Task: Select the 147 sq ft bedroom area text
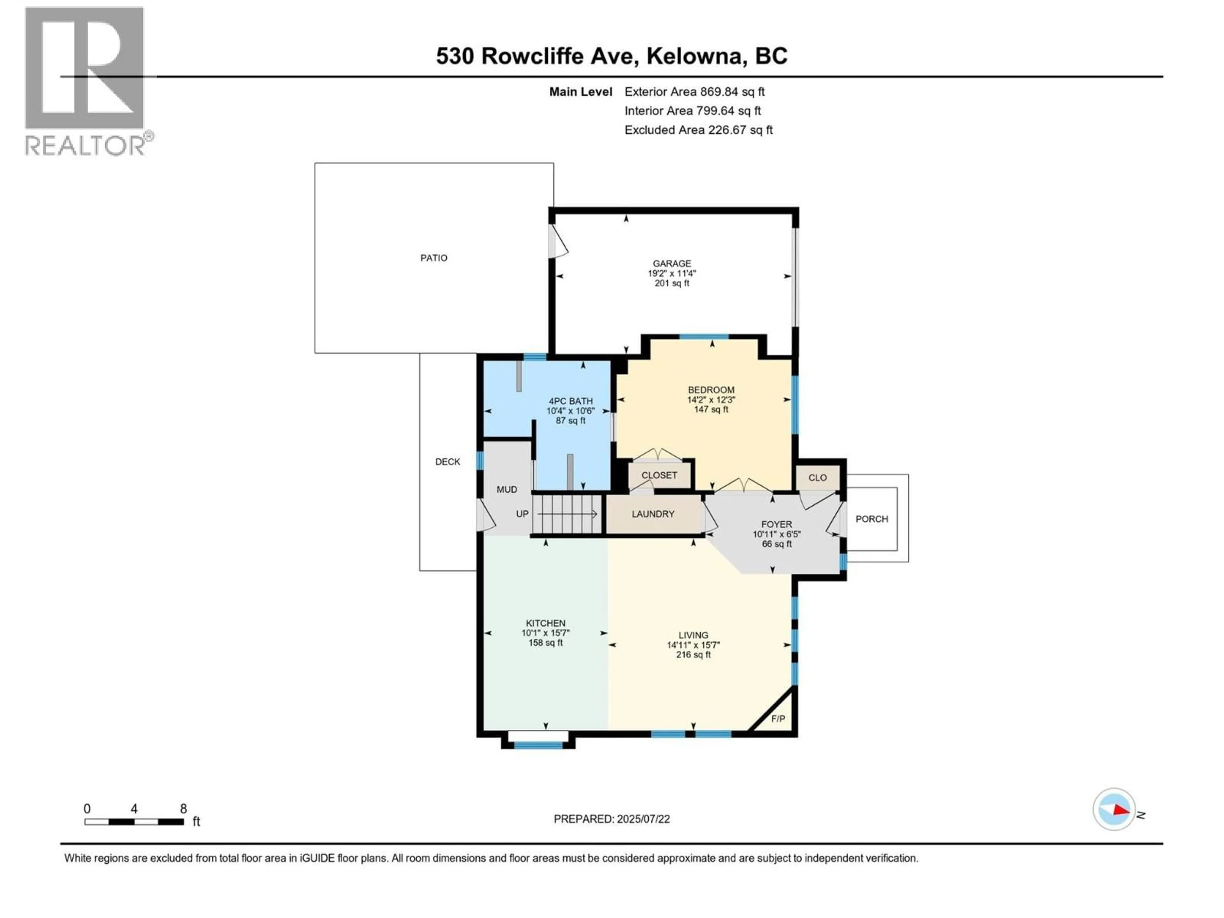coord(711,410)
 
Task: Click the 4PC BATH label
coord(571,401)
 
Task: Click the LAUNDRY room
coord(653,514)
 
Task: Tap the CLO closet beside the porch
coord(817,477)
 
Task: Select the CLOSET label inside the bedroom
coord(659,475)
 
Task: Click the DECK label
coord(447,462)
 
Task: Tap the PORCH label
coord(871,519)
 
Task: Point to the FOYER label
coord(776,524)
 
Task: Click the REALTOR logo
coord(86,80)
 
